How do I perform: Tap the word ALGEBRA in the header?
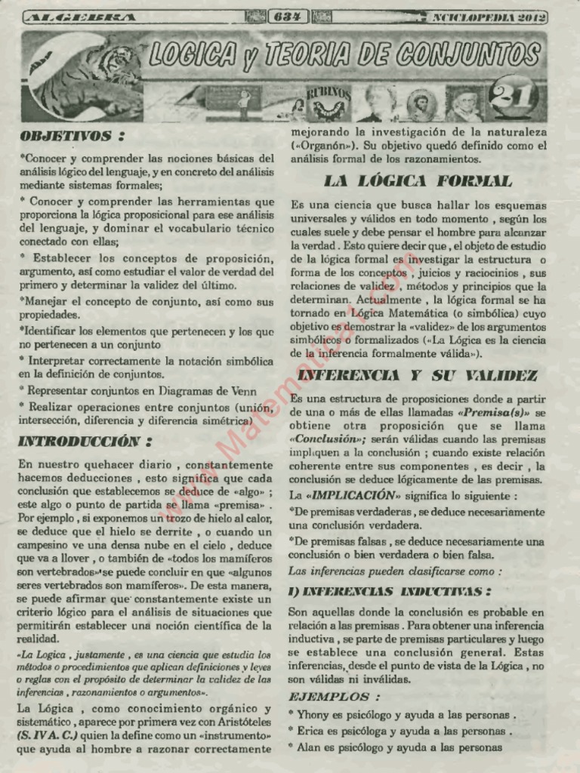(81, 17)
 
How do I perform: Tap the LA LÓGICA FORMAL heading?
(418, 181)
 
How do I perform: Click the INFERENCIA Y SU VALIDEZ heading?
(418, 375)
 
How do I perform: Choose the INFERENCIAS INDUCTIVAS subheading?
(390, 591)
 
